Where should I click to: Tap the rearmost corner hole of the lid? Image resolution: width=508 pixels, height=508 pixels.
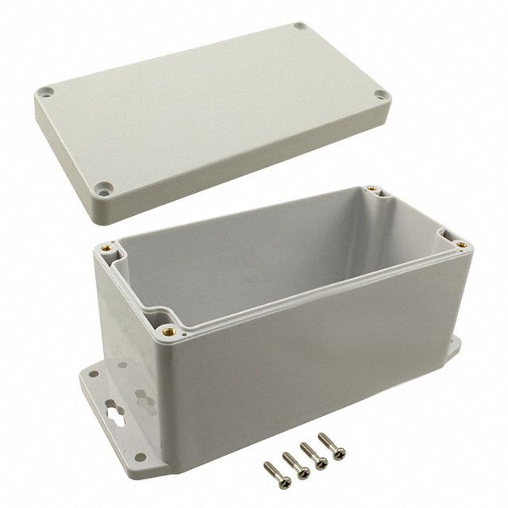(x=299, y=26)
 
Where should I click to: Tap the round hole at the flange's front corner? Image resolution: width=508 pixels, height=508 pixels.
(x=140, y=456)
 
